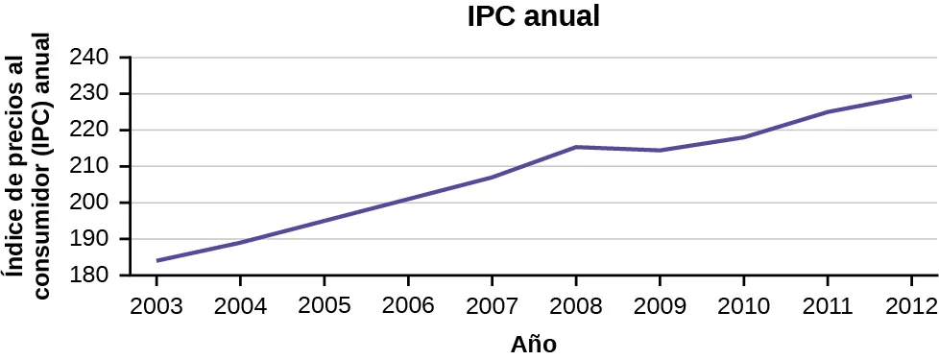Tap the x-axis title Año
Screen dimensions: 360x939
[x=533, y=344]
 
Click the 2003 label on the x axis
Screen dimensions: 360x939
[x=156, y=307]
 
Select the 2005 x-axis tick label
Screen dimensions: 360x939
[x=324, y=307]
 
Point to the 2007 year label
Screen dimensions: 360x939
[x=492, y=307]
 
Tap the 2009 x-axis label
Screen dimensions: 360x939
[x=660, y=307]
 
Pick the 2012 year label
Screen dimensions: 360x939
[x=910, y=307]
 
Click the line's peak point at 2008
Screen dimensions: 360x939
[x=576, y=147]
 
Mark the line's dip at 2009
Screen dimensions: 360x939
[x=660, y=151]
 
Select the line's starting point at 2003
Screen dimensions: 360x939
[x=156, y=260]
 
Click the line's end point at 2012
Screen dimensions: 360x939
[x=910, y=96]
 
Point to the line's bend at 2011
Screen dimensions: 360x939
[x=828, y=112]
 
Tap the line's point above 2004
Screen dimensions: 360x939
[x=240, y=242]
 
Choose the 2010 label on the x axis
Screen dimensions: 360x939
[x=743, y=307]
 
